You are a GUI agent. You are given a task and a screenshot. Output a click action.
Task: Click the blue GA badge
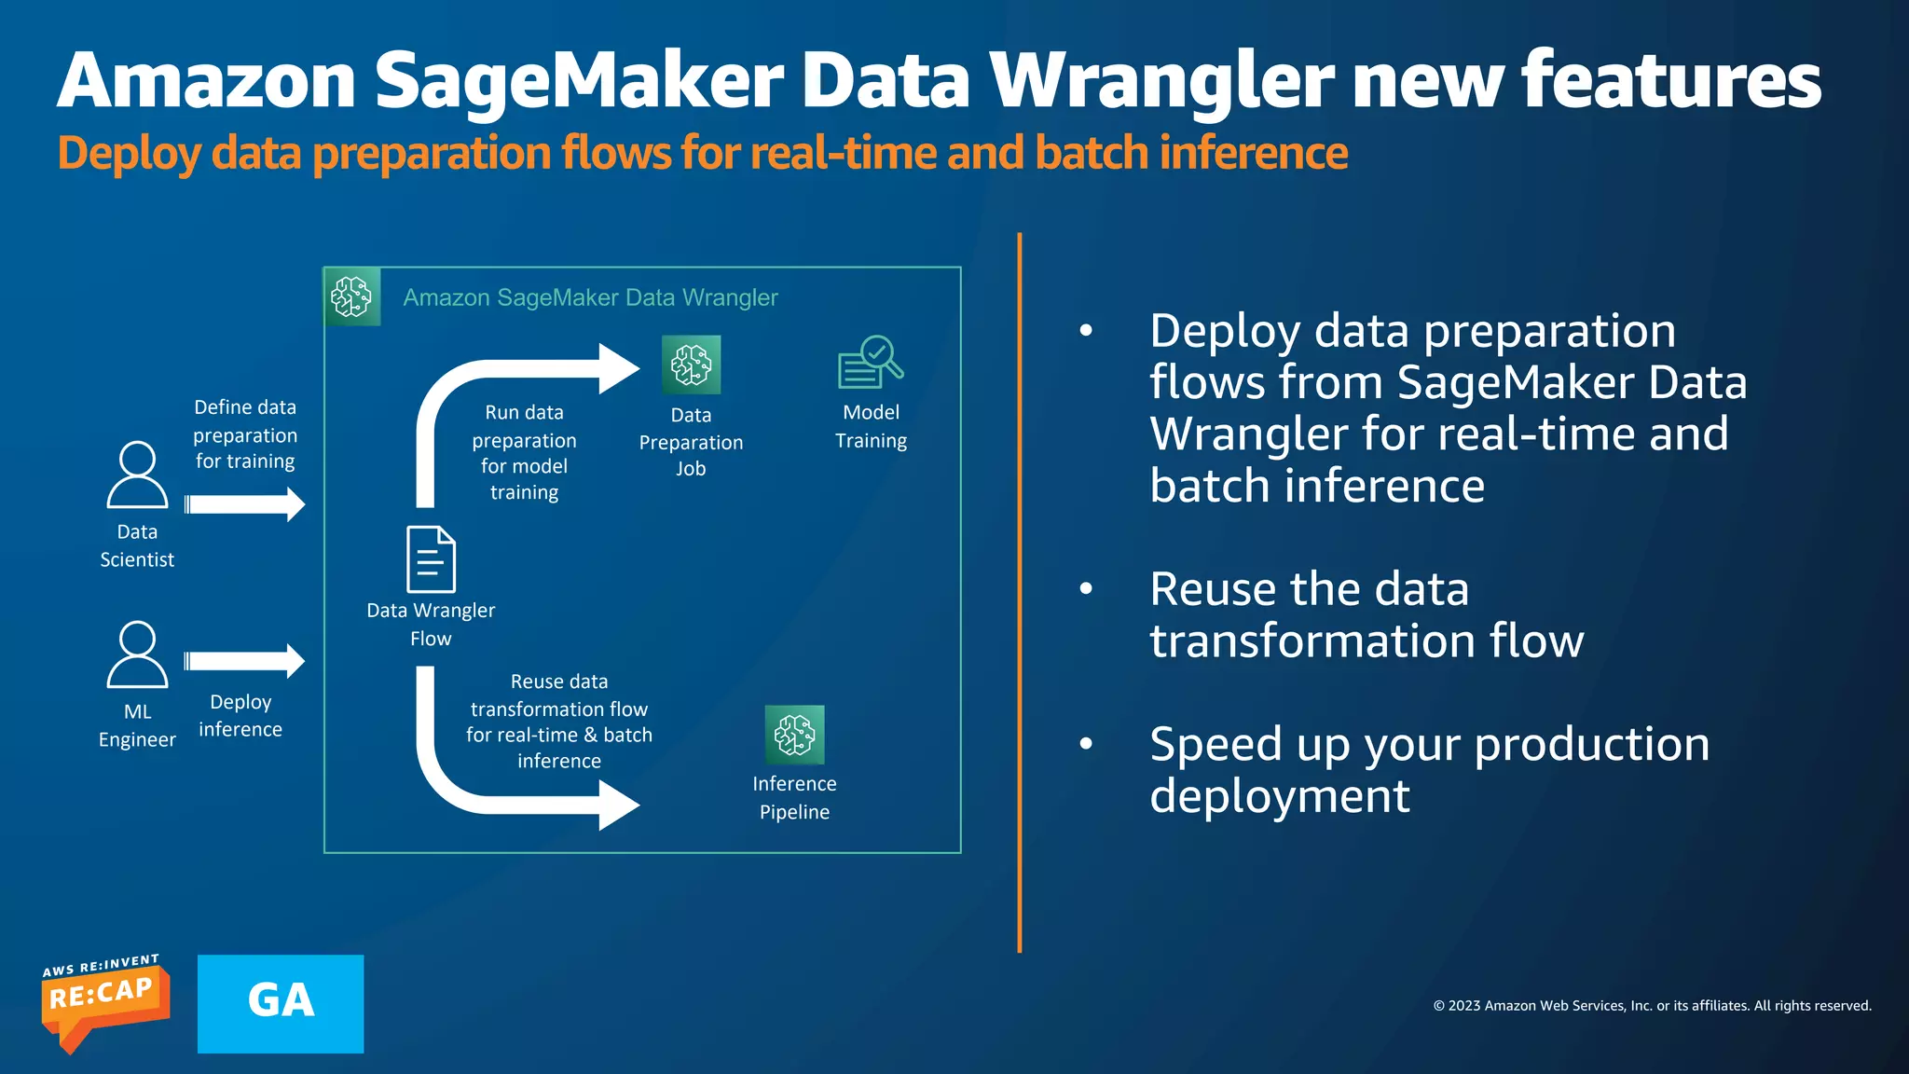click(x=280, y=1003)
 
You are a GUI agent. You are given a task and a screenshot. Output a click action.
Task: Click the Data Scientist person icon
click(x=137, y=475)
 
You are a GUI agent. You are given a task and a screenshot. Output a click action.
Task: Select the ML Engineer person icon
click(x=137, y=654)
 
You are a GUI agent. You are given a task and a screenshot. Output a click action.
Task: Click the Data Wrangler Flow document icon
click(x=431, y=559)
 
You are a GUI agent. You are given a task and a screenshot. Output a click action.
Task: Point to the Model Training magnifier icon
click(x=871, y=363)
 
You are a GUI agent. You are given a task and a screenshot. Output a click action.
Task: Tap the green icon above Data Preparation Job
click(x=691, y=365)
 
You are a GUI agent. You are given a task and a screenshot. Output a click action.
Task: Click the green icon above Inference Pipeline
click(x=794, y=734)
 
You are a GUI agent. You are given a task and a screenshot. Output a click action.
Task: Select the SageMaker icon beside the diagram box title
click(x=351, y=297)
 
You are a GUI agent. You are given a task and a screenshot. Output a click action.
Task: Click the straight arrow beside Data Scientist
click(x=244, y=504)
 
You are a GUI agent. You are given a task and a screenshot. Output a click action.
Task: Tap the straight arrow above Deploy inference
click(x=244, y=661)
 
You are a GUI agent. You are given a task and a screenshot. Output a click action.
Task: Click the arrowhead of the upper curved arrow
click(x=618, y=369)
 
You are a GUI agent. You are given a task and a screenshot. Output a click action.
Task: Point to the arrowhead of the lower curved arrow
click(x=618, y=804)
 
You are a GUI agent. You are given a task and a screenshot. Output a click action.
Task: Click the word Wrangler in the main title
click(x=1161, y=82)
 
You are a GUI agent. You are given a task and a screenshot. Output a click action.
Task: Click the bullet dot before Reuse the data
click(x=1086, y=588)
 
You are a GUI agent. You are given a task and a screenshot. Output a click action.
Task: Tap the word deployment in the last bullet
click(x=1279, y=796)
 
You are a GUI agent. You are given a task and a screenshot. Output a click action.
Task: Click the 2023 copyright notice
click(x=1652, y=1005)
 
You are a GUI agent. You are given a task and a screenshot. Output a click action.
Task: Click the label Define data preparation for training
click(x=245, y=434)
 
